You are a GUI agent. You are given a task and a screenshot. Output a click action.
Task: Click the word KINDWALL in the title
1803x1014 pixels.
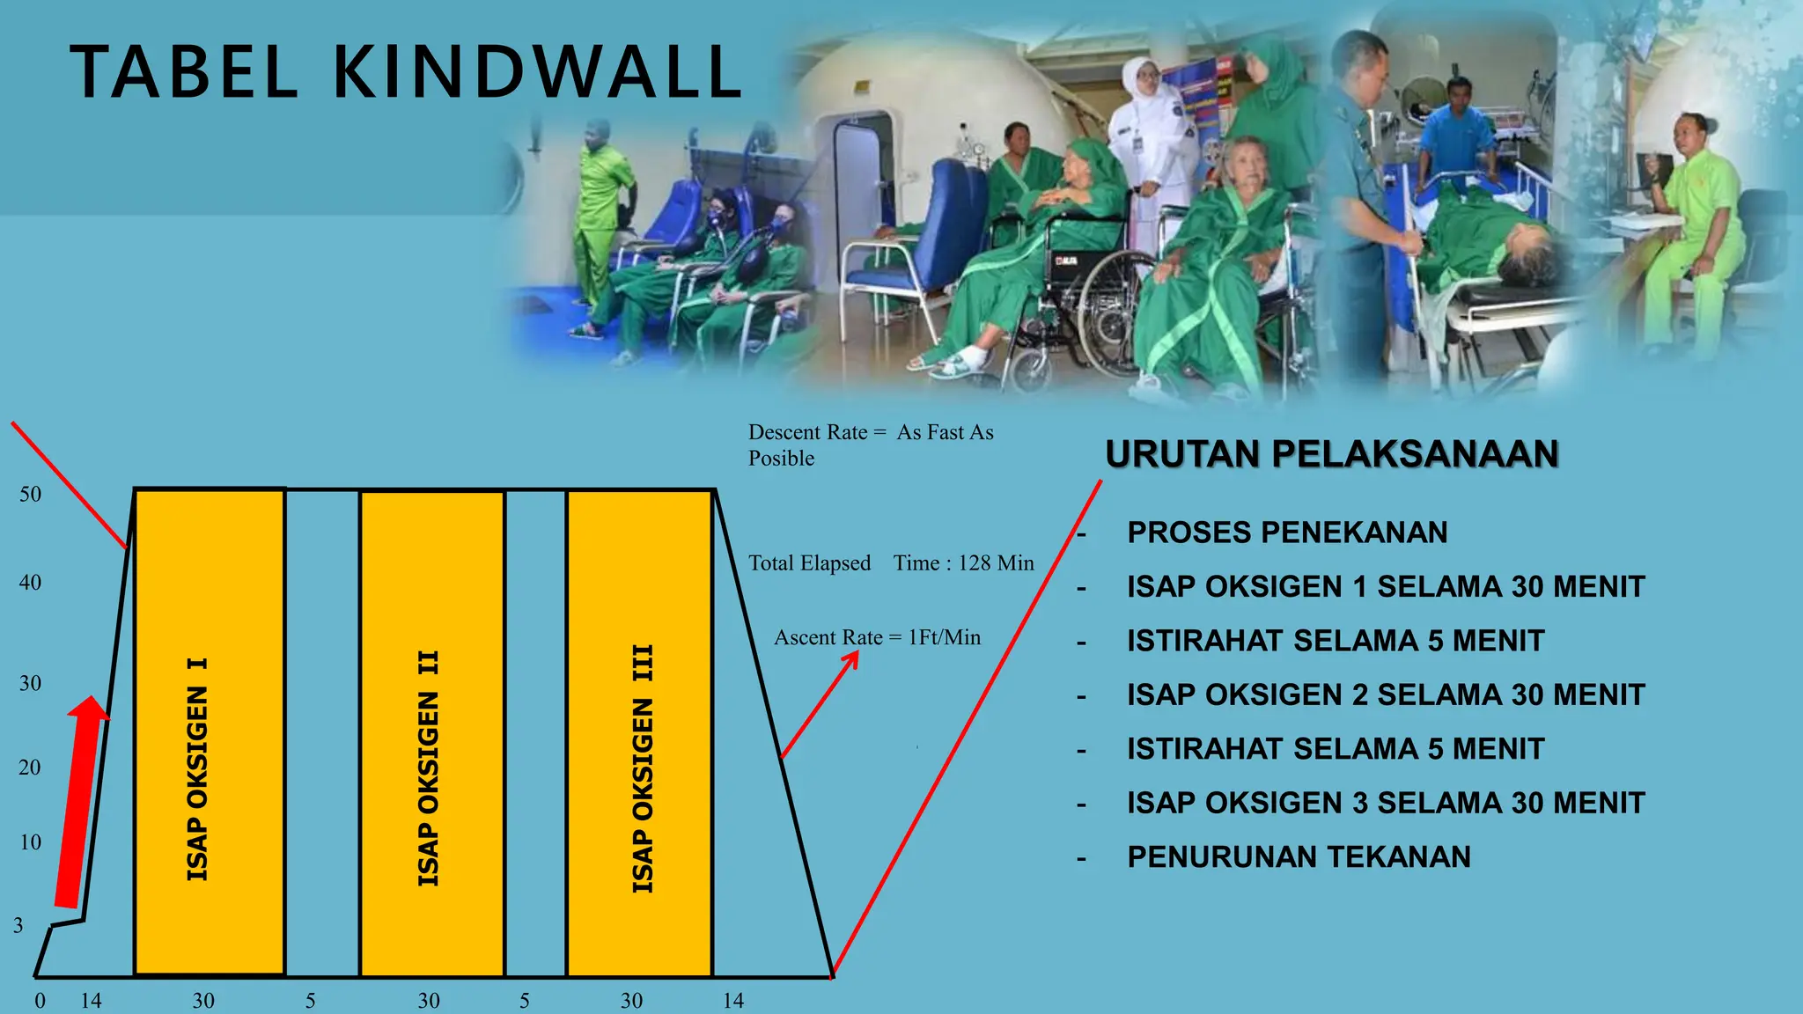pos(537,72)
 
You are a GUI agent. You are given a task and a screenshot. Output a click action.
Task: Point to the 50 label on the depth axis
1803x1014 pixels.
pos(31,495)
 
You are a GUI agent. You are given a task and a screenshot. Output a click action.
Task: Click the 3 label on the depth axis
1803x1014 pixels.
pos(18,925)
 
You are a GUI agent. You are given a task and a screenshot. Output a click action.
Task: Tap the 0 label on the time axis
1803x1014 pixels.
pos(40,1001)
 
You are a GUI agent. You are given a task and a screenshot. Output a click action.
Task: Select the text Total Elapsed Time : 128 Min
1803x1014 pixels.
pos(891,563)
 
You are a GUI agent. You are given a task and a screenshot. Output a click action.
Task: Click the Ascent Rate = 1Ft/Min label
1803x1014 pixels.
pos(877,637)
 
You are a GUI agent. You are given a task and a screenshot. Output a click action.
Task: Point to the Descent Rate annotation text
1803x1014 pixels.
pos(870,445)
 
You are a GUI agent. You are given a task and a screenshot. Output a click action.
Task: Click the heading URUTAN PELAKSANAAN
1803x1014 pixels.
pos(1331,454)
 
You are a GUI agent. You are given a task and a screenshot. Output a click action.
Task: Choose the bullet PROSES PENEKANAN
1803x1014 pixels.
pos(1287,533)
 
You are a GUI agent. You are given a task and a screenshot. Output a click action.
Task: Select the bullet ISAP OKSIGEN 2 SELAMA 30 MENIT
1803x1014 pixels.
pos(1386,694)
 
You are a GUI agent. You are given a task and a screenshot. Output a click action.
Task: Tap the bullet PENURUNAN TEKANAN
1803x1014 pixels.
pos(1299,856)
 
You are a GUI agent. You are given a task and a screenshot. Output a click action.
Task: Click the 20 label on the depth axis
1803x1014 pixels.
pos(30,768)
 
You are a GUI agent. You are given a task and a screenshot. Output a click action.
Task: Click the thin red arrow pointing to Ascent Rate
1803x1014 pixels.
pos(819,704)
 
